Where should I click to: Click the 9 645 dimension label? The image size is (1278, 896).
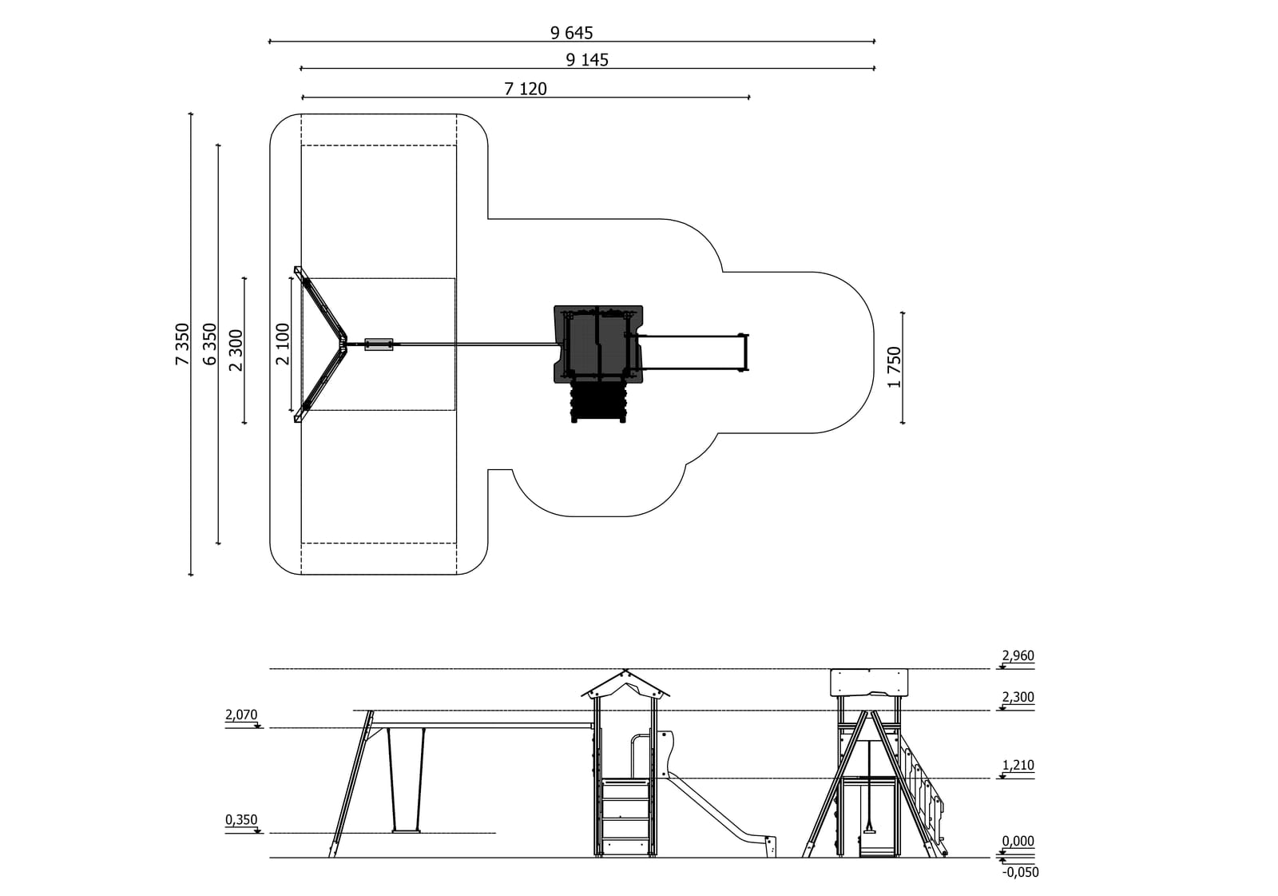point(571,33)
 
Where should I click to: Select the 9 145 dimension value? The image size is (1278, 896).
point(587,60)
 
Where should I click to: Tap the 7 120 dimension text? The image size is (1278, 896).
point(526,89)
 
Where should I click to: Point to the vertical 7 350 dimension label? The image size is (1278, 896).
point(182,344)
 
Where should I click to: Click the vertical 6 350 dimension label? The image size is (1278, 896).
point(210,344)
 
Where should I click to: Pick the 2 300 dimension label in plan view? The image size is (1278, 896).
point(236,350)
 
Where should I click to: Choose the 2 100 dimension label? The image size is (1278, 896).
point(283,344)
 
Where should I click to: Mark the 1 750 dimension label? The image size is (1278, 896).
point(894,367)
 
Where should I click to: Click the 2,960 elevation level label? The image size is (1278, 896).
point(1018,655)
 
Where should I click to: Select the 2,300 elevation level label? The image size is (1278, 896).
point(1018,697)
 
